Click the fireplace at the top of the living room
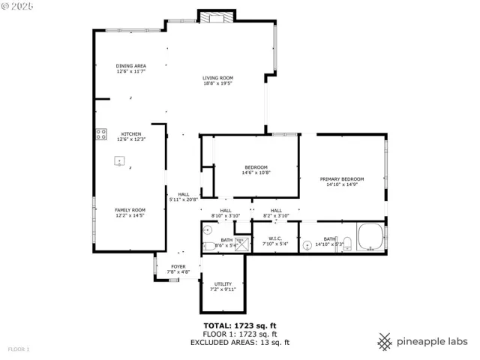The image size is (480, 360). [217, 16]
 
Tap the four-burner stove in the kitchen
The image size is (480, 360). [100, 134]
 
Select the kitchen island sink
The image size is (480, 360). [118, 160]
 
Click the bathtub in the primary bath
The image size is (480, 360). [371, 238]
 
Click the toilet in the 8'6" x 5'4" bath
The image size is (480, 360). [208, 245]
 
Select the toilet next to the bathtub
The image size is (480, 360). [346, 244]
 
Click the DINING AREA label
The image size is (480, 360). [130, 66]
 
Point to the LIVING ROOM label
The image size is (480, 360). [217, 78]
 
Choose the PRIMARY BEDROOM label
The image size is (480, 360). [341, 179]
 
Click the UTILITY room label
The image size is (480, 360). [223, 283]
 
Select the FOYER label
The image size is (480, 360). [178, 266]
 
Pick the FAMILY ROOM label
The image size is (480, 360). [130, 210]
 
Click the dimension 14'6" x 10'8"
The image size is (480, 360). [256, 172]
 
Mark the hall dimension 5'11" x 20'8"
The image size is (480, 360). [183, 199]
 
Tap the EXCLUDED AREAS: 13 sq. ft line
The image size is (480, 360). [240, 342]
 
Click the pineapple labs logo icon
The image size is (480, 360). [385, 341]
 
